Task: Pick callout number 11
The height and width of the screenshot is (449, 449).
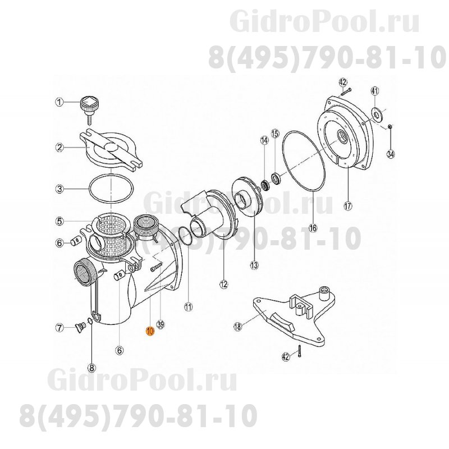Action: (187, 306)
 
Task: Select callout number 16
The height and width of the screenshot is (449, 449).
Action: (313, 228)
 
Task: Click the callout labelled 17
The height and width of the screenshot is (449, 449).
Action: (347, 205)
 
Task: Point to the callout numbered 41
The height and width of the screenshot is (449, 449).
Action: (375, 91)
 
